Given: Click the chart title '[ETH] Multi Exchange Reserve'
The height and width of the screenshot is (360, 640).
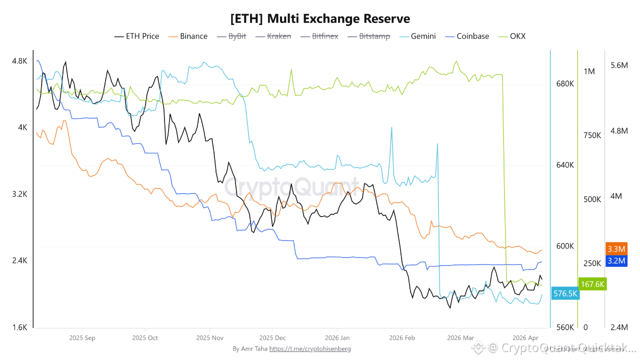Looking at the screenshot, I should point(320,19).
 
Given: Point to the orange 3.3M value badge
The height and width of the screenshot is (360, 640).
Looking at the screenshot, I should point(616,248).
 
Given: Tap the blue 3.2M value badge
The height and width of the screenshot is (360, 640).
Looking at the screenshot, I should point(616,260).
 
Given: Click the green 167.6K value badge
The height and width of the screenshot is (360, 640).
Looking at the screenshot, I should point(592,284).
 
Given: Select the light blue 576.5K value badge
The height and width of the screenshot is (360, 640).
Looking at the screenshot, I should point(565,293).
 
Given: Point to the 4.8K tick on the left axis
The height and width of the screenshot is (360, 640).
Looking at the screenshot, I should point(19,61).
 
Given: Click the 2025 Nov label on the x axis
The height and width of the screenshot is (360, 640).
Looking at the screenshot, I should point(210,338).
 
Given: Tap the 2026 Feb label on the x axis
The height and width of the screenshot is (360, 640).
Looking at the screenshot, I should point(402,338).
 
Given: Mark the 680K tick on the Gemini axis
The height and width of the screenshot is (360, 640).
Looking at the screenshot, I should point(565,83).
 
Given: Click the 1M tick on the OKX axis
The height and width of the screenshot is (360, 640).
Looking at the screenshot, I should point(589,71).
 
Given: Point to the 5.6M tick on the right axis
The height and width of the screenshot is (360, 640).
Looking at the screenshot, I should point(619,65).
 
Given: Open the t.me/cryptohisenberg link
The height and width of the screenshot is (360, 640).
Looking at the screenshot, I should point(310,348).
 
